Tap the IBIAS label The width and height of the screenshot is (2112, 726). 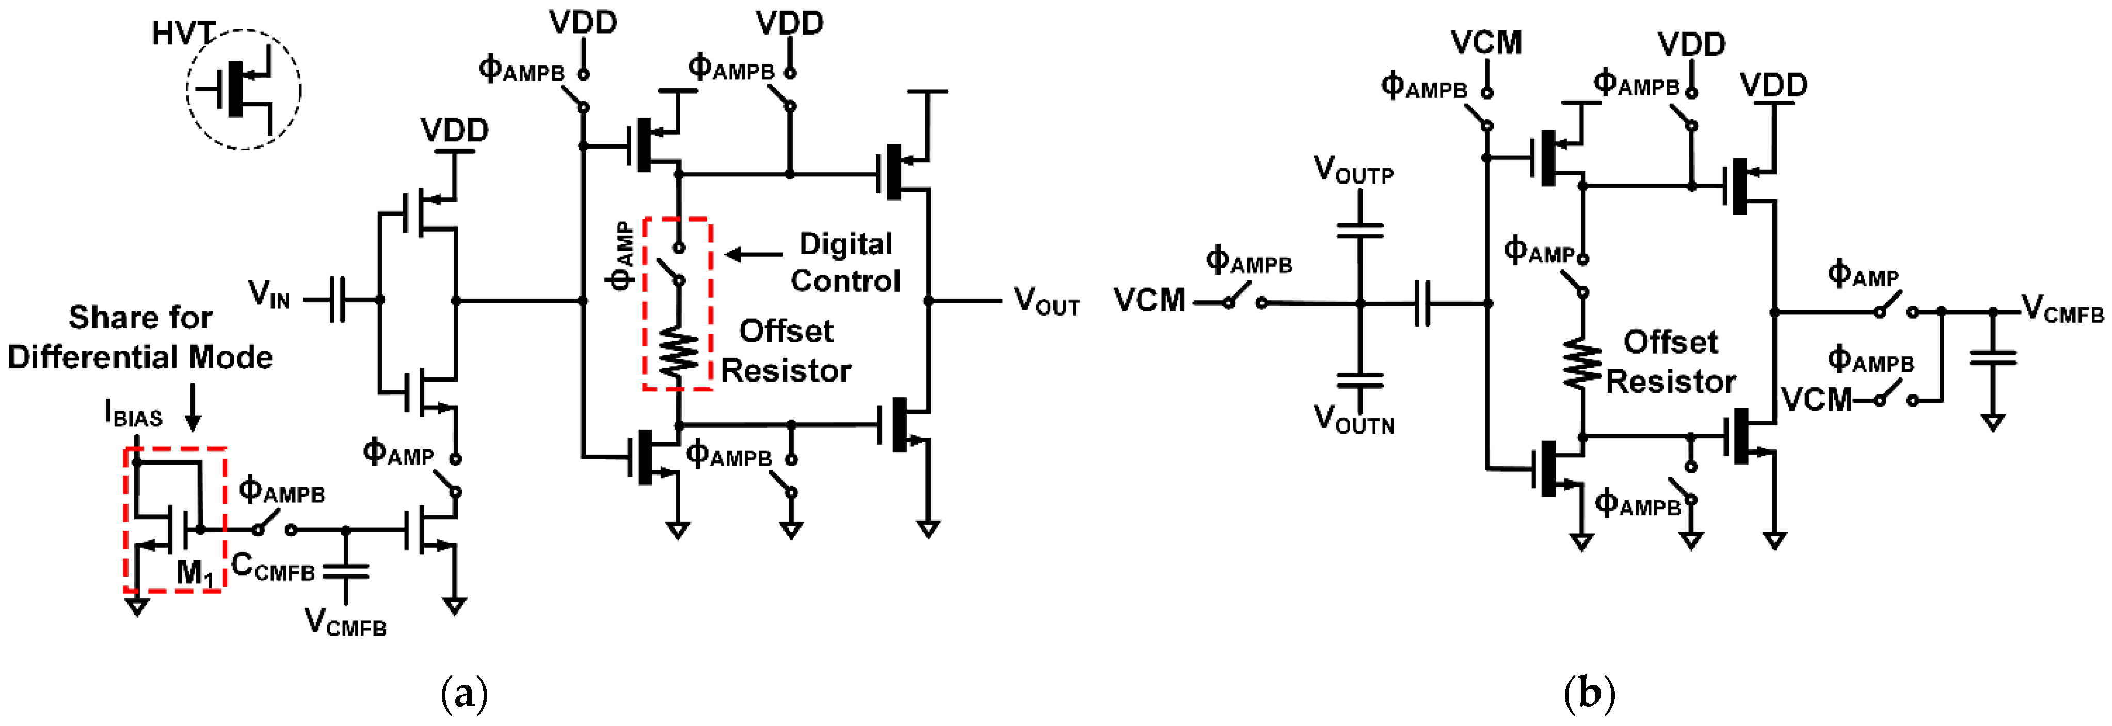click(x=134, y=414)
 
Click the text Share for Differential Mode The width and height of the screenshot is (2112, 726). click(x=140, y=337)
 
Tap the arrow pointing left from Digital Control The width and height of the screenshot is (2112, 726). click(x=753, y=255)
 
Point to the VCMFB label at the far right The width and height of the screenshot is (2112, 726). click(x=2062, y=309)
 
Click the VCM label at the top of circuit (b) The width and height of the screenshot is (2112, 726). click(x=1485, y=43)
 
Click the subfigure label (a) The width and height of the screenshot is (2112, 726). click(x=464, y=693)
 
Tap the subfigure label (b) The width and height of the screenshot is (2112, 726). click(x=1589, y=693)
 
